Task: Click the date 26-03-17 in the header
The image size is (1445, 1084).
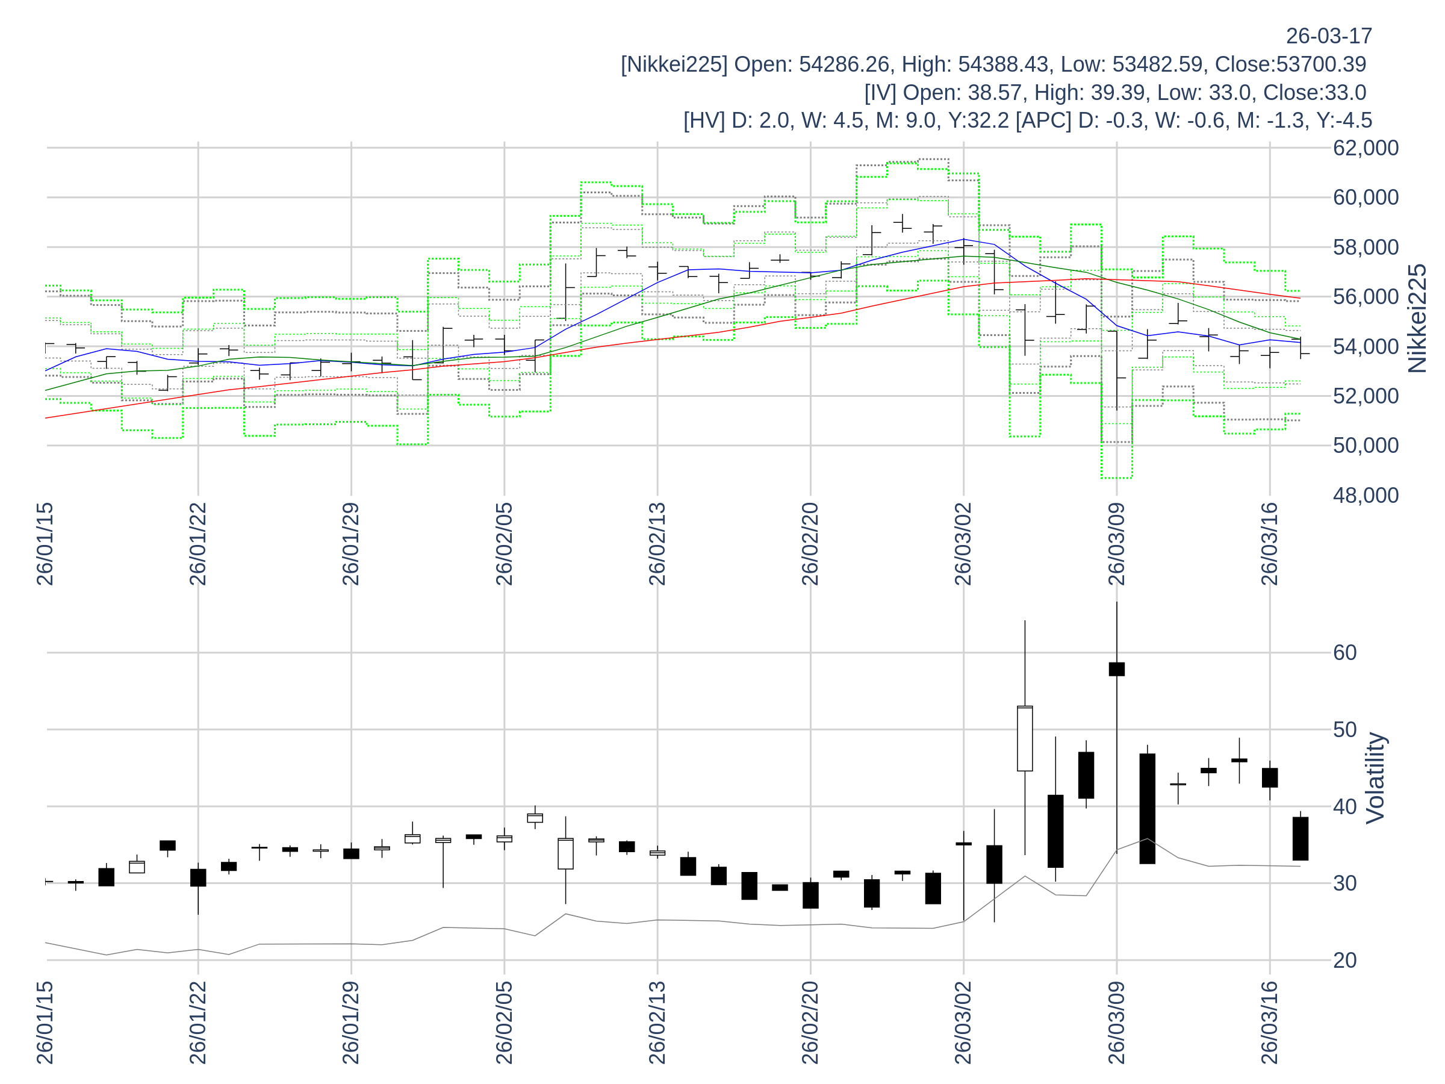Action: (x=1329, y=36)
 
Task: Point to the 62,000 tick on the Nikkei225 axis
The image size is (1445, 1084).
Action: (x=1366, y=148)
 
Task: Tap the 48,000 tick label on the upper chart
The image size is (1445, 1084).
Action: (x=1366, y=495)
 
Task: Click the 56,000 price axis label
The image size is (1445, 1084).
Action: (x=1366, y=297)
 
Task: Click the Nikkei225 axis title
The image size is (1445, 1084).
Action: (x=1417, y=319)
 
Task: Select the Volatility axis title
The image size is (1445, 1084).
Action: (x=1376, y=778)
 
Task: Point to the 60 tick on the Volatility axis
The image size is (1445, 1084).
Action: (x=1345, y=653)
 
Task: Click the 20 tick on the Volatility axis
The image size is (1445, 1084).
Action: (x=1345, y=961)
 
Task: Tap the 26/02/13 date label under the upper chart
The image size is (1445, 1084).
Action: (x=657, y=544)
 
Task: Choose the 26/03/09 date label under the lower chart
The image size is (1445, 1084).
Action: (x=1116, y=1023)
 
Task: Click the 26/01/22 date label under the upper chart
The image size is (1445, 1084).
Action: (x=198, y=544)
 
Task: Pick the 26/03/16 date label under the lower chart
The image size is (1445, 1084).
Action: (x=1269, y=1023)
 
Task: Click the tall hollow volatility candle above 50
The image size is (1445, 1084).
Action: (x=1025, y=738)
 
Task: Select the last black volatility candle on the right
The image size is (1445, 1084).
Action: (x=1300, y=838)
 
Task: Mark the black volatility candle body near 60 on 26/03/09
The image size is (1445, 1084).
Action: (x=1116, y=669)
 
